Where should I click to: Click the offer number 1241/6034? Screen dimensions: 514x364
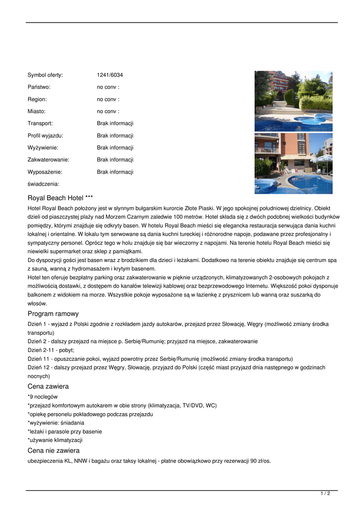(110, 75)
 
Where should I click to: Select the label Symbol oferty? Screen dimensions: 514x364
(45, 75)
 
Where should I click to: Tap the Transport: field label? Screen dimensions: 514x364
(40, 123)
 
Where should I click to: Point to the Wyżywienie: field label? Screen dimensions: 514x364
(43, 148)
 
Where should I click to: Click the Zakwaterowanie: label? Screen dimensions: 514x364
(48, 160)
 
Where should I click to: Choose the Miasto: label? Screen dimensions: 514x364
(37, 111)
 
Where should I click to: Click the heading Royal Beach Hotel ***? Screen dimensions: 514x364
(60, 198)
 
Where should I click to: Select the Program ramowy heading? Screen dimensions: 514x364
(53, 314)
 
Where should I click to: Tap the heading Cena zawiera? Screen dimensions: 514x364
(48, 387)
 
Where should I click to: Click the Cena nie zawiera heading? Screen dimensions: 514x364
(54, 451)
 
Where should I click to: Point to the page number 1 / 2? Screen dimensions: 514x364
(325, 494)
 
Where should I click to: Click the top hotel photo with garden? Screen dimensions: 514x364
(293, 101)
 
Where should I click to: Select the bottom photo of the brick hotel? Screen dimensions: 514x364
(293, 163)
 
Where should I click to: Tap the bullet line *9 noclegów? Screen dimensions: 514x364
(43, 397)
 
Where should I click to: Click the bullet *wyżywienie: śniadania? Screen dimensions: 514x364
(56, 423)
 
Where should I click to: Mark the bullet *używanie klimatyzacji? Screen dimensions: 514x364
(55, 440)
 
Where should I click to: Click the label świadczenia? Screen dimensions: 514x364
(43, 184)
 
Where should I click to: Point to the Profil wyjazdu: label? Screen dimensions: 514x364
(45, 136)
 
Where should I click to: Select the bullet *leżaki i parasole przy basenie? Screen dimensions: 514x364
(65, 432)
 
